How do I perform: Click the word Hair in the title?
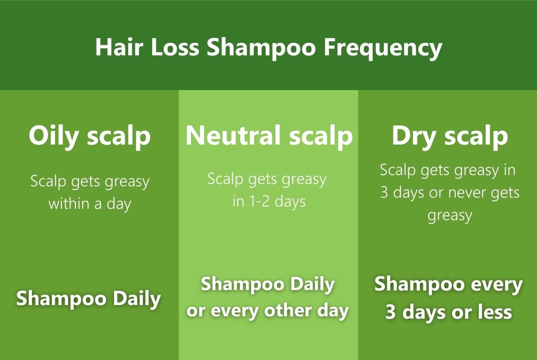pos(119,47)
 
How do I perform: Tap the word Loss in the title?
pos(175,47)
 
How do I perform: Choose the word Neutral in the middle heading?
pos(233,135)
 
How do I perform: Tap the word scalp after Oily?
pos(118,136)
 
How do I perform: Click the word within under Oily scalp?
pos(69,203)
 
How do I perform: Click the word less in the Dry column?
pos(495,313)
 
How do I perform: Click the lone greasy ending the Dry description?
pos(450,216)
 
